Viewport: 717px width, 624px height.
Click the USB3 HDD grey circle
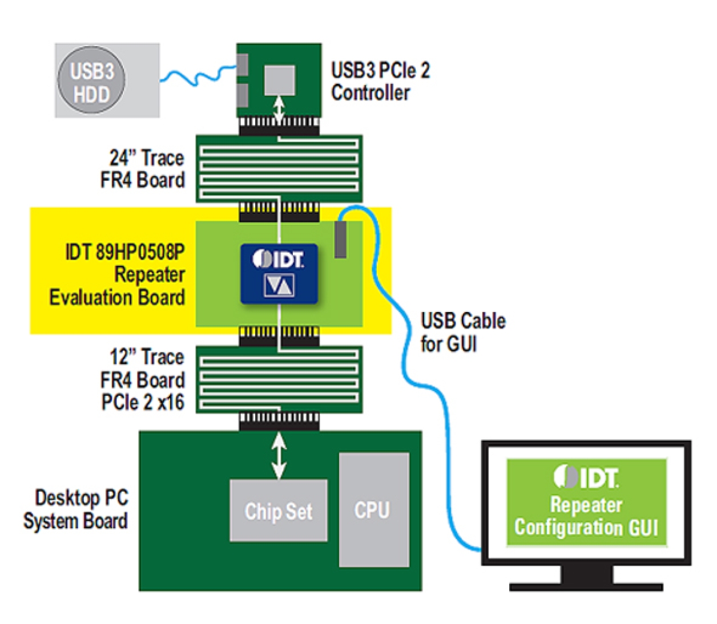tap(91, 81)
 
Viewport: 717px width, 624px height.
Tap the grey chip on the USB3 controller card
tap(279, 79)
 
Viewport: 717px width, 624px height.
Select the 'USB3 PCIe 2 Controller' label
tap(380, 81)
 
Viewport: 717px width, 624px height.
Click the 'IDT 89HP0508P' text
tap(124, 252)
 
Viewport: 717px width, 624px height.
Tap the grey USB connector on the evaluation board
tap(340, 240)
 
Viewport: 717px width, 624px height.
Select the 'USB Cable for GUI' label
tap(462, 332)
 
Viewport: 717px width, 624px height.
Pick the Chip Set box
tap(279, 510)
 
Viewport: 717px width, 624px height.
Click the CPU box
tap(373, 509)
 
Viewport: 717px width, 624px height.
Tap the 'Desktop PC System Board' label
tap(77, 509)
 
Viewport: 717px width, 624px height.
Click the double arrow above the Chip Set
tap(279, 455)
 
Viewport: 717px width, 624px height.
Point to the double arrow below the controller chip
tap(279, 109)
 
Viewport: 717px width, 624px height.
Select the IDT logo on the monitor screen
tap(586, 477)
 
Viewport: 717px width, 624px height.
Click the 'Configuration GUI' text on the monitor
tap(586, 528)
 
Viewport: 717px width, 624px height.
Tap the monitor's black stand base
tap(586, 586)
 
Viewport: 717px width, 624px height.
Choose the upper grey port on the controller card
tap(243, 64)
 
